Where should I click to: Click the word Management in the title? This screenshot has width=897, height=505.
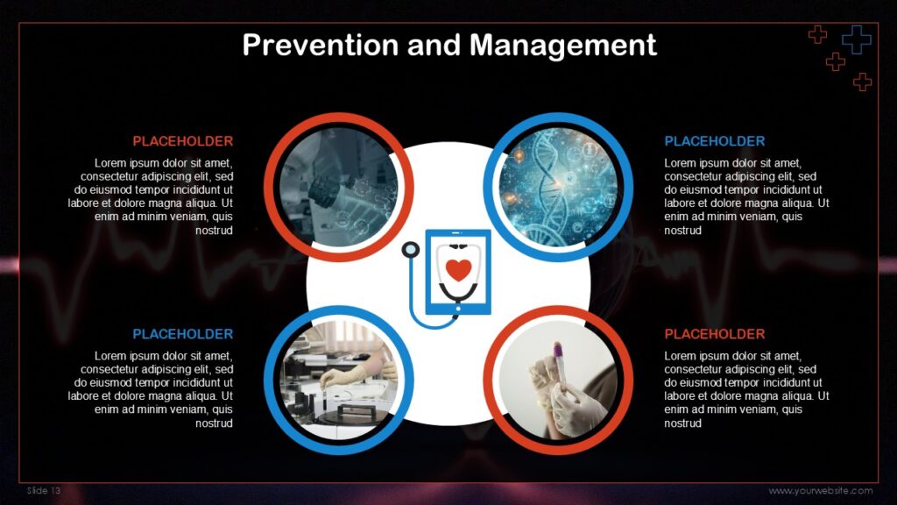[563, 46]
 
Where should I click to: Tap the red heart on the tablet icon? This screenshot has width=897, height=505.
[458, 269]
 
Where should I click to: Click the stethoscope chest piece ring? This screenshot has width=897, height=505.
[410, 250]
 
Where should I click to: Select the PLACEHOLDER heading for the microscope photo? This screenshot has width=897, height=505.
[182, 141]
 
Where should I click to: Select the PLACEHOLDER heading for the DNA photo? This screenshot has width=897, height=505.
[715, 141]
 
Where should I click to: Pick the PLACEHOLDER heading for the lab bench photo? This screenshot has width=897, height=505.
[182, 334]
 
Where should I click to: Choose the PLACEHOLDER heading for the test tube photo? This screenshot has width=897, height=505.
[715, 334]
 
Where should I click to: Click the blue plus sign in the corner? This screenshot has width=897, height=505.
[857, 39]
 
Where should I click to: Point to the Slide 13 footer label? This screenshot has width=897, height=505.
[44, 491]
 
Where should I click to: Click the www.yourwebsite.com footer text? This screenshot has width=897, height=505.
[820, 491]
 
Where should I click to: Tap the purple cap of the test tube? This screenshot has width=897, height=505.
[556, 350]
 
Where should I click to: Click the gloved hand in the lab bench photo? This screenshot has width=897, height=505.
[344, 375]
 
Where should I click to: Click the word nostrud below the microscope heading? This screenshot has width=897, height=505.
[214, 231]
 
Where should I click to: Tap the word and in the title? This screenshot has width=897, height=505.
[434, 45]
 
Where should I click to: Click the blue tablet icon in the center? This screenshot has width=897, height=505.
[458, 272]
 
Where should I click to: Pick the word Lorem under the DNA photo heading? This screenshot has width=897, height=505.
[682, 162]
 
